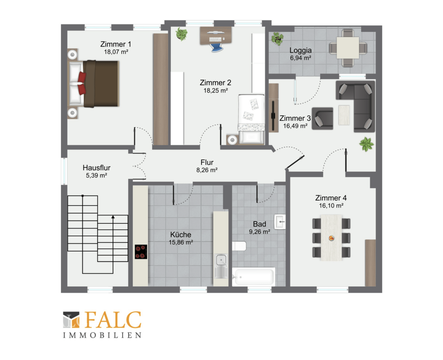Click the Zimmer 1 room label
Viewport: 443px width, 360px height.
116,44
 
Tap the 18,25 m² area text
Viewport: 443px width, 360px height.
216,90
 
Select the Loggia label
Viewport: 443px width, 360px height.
301,50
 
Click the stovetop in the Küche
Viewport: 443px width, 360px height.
141,252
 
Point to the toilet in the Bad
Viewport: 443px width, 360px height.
239,246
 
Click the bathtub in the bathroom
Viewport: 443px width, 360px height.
254,277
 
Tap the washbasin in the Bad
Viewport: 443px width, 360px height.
280,222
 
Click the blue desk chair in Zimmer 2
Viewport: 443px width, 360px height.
216,48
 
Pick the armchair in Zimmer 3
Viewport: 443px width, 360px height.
322,119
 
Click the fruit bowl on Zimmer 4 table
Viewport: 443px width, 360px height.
331,238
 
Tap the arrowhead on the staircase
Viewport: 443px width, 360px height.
113,217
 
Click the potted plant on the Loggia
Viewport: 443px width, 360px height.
277,38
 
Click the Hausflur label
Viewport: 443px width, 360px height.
96,168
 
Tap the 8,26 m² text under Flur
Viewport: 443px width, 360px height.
207,170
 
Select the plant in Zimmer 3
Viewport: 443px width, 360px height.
367,144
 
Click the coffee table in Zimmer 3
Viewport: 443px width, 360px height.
344,115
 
